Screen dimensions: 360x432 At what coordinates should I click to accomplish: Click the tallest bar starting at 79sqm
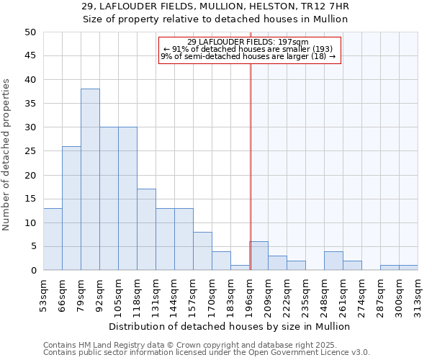click(90, 179)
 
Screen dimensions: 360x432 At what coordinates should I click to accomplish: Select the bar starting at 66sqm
click(71, 208)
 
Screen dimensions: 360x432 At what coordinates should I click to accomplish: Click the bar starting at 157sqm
click(202, 251)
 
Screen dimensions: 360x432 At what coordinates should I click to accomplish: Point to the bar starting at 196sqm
click(258, 256)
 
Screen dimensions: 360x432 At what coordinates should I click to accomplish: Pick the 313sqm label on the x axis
click(418, 296)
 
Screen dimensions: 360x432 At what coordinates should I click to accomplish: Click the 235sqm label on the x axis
click(305, 296)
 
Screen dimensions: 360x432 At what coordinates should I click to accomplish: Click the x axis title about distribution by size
click(230, 326)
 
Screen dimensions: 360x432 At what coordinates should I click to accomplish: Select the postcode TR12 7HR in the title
click(325, 7)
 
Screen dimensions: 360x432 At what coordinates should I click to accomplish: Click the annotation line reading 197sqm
click(248, 42)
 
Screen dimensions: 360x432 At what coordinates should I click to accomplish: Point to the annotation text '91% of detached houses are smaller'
click(248, 49)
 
